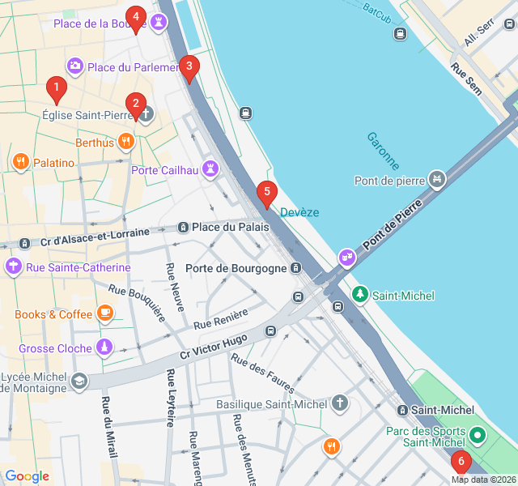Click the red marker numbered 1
(x=56, y=87)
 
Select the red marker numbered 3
(x=189, y=67)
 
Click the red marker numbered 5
(x=266, y=194)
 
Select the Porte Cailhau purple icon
(x=211, y=169)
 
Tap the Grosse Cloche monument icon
(x=104, y=348)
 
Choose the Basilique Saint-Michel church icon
(x=341, y=403)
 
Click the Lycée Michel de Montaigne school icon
(x=79, y=380)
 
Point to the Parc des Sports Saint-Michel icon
(x=478, y=436)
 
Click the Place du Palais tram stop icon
(x=184, y=228)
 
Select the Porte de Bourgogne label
(x=236, y=268)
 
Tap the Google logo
(x=27, y=476)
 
